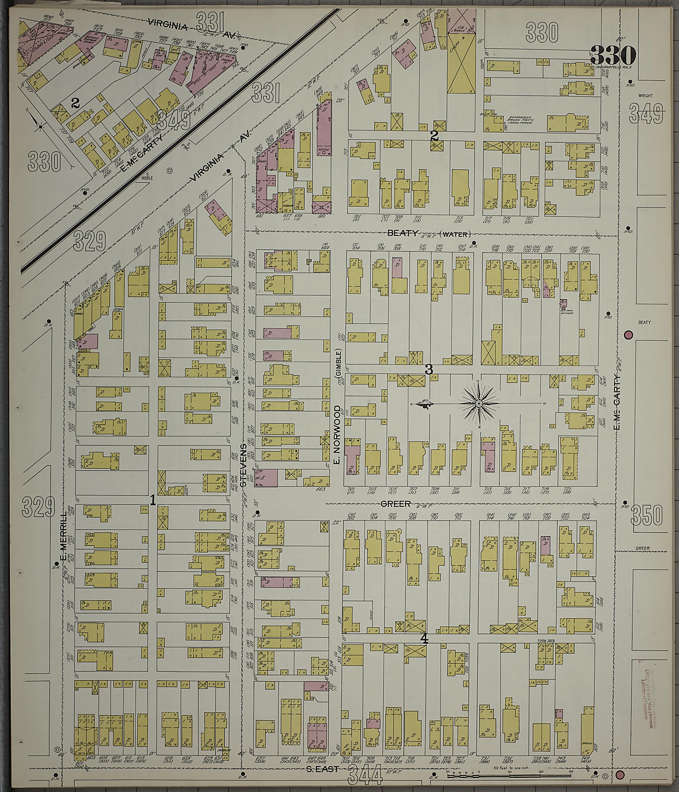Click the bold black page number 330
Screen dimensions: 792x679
[x=612, y=56]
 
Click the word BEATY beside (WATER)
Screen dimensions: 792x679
[x=403, y=233]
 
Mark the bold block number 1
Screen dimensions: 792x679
[x=153, y=500]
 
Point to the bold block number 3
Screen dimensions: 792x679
[x=429, y=369]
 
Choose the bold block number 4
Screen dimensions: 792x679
[x=424, y=639]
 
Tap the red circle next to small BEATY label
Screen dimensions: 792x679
[x=628, y=335]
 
